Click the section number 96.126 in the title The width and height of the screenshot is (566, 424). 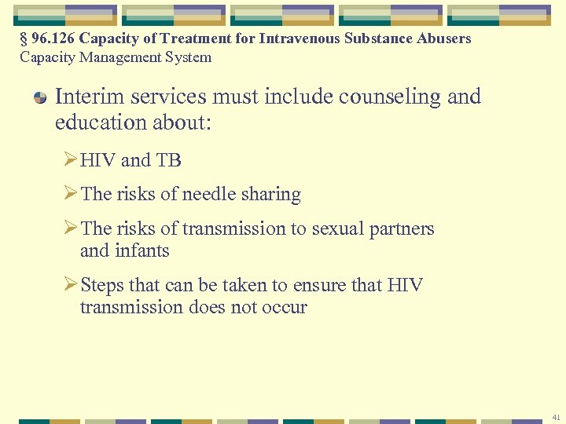(54, 38)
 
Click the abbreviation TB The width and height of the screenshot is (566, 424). (168, 160)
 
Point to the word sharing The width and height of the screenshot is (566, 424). (270, 194)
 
